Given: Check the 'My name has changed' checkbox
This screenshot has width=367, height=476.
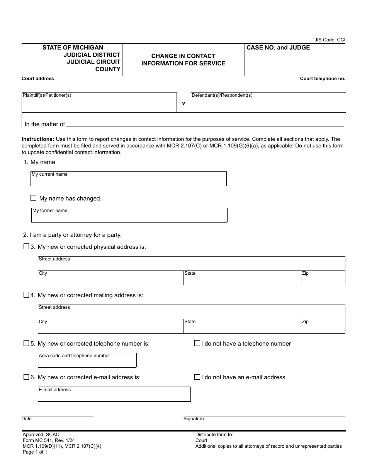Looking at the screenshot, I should click(x=34, y=198).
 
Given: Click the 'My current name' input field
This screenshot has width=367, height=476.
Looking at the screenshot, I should click(x=129, y=179).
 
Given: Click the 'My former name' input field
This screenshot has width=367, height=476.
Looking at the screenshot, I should click(x=129, y=216).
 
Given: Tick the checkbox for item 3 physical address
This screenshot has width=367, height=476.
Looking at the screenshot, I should click(x=26, y=247).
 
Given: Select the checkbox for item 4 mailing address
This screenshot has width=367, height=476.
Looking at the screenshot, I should click(x=26, y=295).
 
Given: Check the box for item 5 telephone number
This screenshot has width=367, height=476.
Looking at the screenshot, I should click(x=26, y=343).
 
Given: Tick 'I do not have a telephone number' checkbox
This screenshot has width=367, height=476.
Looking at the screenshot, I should click(x=197, y=343).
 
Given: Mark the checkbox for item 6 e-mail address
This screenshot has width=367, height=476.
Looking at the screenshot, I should click(x=26, y=377).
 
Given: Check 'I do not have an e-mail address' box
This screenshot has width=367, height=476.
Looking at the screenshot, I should click(x=197, y=377).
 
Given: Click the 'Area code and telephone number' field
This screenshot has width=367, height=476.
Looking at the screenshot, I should click(x=87, y=361).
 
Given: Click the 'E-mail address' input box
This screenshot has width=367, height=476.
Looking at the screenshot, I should click(x=114, y=394).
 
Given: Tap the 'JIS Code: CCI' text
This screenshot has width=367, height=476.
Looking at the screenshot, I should click(x=330, y=39).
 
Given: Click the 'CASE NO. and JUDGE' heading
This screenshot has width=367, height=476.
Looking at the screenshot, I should click(x=278, y=48).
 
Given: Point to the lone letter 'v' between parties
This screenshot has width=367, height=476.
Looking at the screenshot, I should click(x=183, y=103).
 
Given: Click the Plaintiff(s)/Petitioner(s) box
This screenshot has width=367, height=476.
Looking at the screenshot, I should click(x=99, y=103).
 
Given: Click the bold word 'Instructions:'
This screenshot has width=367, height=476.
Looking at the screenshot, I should click(x=38, y=139).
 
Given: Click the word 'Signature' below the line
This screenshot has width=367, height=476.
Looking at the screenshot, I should click(x=194, y=419).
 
